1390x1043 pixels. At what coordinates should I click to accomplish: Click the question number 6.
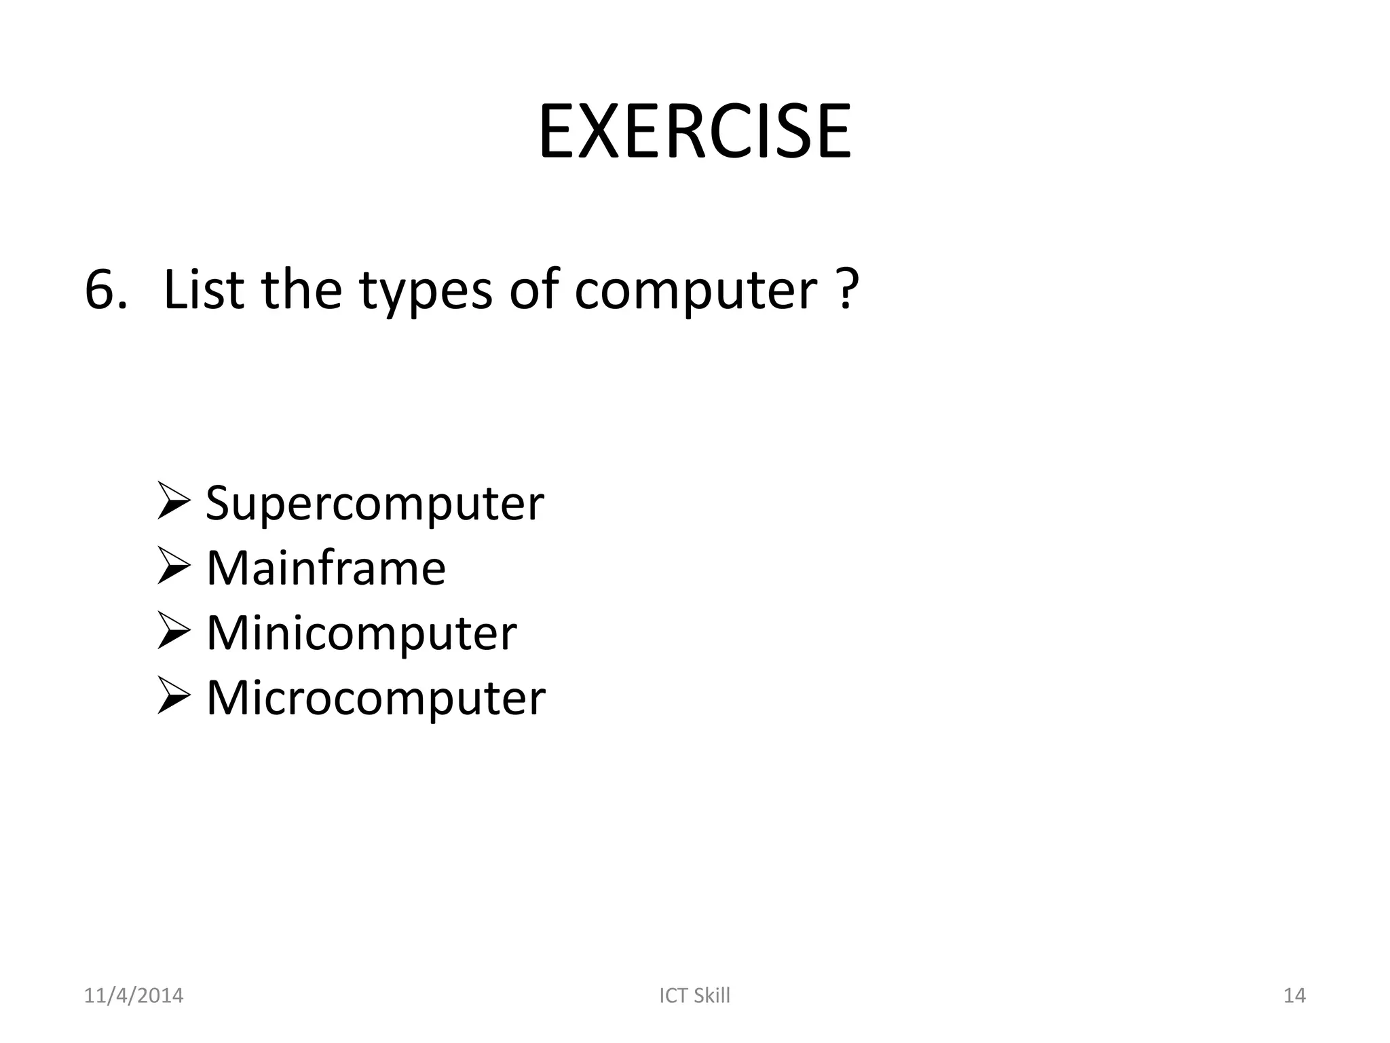click(x=105, y=290)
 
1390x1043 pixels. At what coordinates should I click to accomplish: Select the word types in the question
click(x=426, y=292)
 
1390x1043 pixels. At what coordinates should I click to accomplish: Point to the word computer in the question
click(x=696, y=292)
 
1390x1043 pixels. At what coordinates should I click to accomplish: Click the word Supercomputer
click(x=375, y=505)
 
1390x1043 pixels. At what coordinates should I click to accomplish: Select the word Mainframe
click(x=326, y=568)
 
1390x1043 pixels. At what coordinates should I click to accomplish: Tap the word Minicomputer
click(x=361, y=634)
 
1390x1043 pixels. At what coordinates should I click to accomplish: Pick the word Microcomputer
click(x=375, y=698)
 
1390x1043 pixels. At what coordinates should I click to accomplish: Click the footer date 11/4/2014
click(x=133, y=995)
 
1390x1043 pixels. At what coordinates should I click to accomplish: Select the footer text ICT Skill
click(x=694, y=995)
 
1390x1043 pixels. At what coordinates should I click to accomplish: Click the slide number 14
click(x=1294, y=995)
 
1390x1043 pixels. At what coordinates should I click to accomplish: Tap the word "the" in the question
click(x=301, y=290)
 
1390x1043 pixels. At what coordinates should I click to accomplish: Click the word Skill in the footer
click(x=711, y=995)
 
